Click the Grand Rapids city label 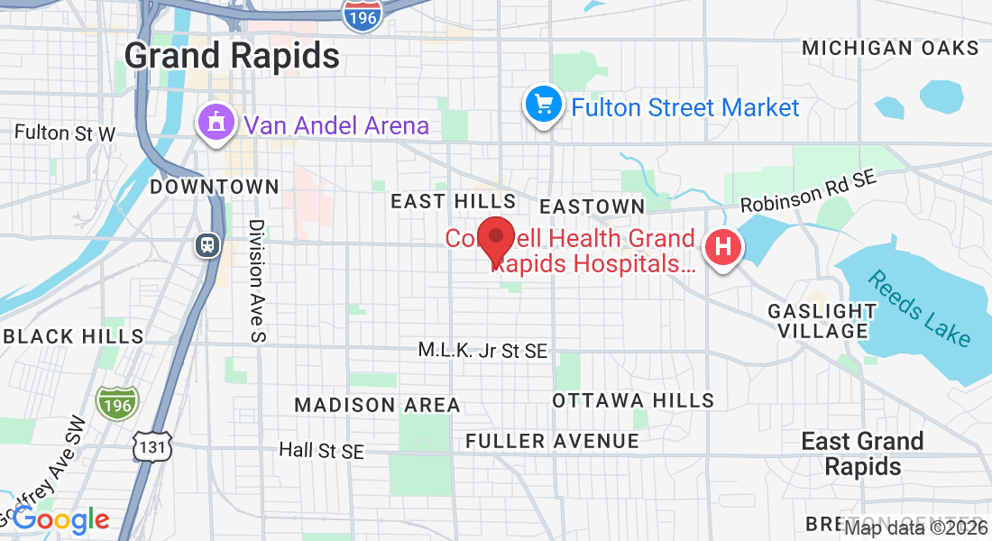click(x=232, y=56)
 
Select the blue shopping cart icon click(x=543, y=105)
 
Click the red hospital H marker click(x=722, y=246)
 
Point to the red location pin click(x=495, y=240)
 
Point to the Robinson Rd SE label click(x=808, y=194)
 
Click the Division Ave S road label click(x=257, y=280)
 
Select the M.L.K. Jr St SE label click(x=482, y=351)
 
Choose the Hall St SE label click(x=321, y=450)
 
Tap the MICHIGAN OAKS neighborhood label click(x=889, y=48)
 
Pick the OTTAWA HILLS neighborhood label click(x=633, y=400)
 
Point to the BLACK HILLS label click(x=73, y=336)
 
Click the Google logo click(x=61, y=519)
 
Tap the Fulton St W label click(x=65, y=133)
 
